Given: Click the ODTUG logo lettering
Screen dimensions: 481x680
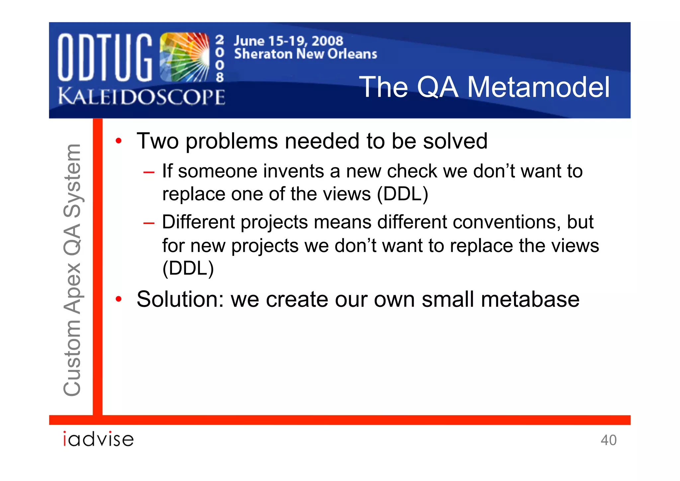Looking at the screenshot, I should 105,57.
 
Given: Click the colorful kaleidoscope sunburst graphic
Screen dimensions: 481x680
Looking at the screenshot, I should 184,57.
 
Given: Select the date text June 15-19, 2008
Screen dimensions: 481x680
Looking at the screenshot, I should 288,41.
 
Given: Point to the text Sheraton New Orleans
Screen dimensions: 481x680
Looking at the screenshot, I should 305,54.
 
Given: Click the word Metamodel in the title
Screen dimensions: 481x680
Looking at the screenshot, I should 538,87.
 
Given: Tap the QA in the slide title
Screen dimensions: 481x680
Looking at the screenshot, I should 437,87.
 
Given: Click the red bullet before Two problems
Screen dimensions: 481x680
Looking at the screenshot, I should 119,141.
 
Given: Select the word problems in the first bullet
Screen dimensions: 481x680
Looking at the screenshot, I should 231,141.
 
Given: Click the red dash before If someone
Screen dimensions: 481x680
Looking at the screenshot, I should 149,172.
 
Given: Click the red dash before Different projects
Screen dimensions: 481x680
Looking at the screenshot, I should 149,223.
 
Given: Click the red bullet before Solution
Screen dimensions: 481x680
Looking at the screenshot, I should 119,299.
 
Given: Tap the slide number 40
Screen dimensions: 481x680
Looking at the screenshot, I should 608,440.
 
